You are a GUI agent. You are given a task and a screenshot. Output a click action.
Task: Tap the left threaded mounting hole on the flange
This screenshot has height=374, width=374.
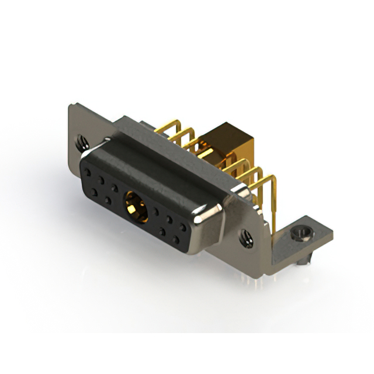pyautogui.click(x=81, y=140)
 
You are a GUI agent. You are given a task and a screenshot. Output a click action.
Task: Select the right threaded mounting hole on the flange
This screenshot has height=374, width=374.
pyautogui.click(x=246, y=237)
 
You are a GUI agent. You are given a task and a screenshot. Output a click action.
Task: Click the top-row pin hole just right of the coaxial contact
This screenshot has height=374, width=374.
pyautogui.click(x=157, y=213)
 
